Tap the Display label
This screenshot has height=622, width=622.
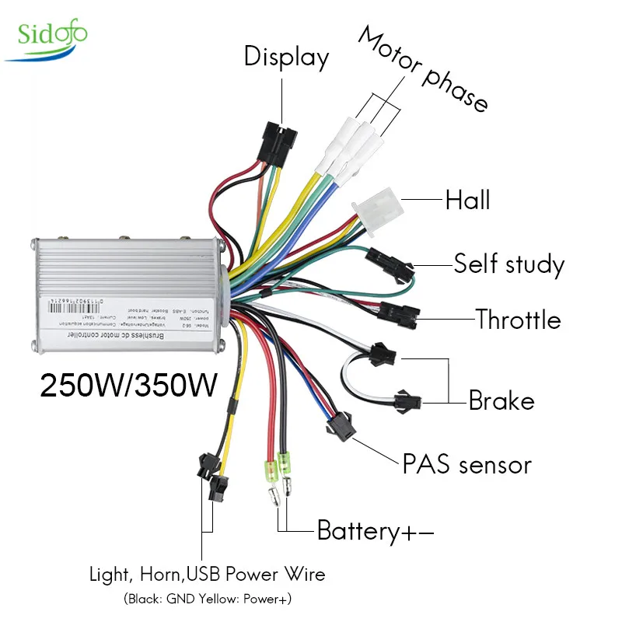pos(286,57)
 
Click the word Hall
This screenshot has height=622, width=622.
pos(467,200)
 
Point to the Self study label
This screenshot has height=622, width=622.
pos(508,264)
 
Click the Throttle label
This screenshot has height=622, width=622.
pos(518,320)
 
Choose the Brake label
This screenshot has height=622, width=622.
pos(501,401)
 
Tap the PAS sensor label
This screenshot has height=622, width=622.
pos(466,465)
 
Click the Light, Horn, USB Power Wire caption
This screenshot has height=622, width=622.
pos(205,575)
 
